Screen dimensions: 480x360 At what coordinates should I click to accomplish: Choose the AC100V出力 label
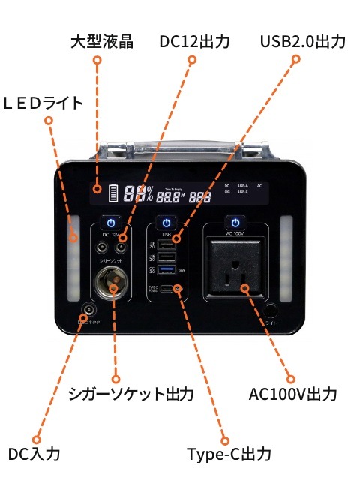292,394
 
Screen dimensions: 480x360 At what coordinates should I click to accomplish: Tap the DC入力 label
34,453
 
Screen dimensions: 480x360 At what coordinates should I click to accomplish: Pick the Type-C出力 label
228,453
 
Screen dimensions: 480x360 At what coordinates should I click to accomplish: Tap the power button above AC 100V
235,223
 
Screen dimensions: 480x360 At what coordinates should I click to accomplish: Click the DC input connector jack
88,309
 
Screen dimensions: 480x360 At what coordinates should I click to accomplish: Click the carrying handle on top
179,145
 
